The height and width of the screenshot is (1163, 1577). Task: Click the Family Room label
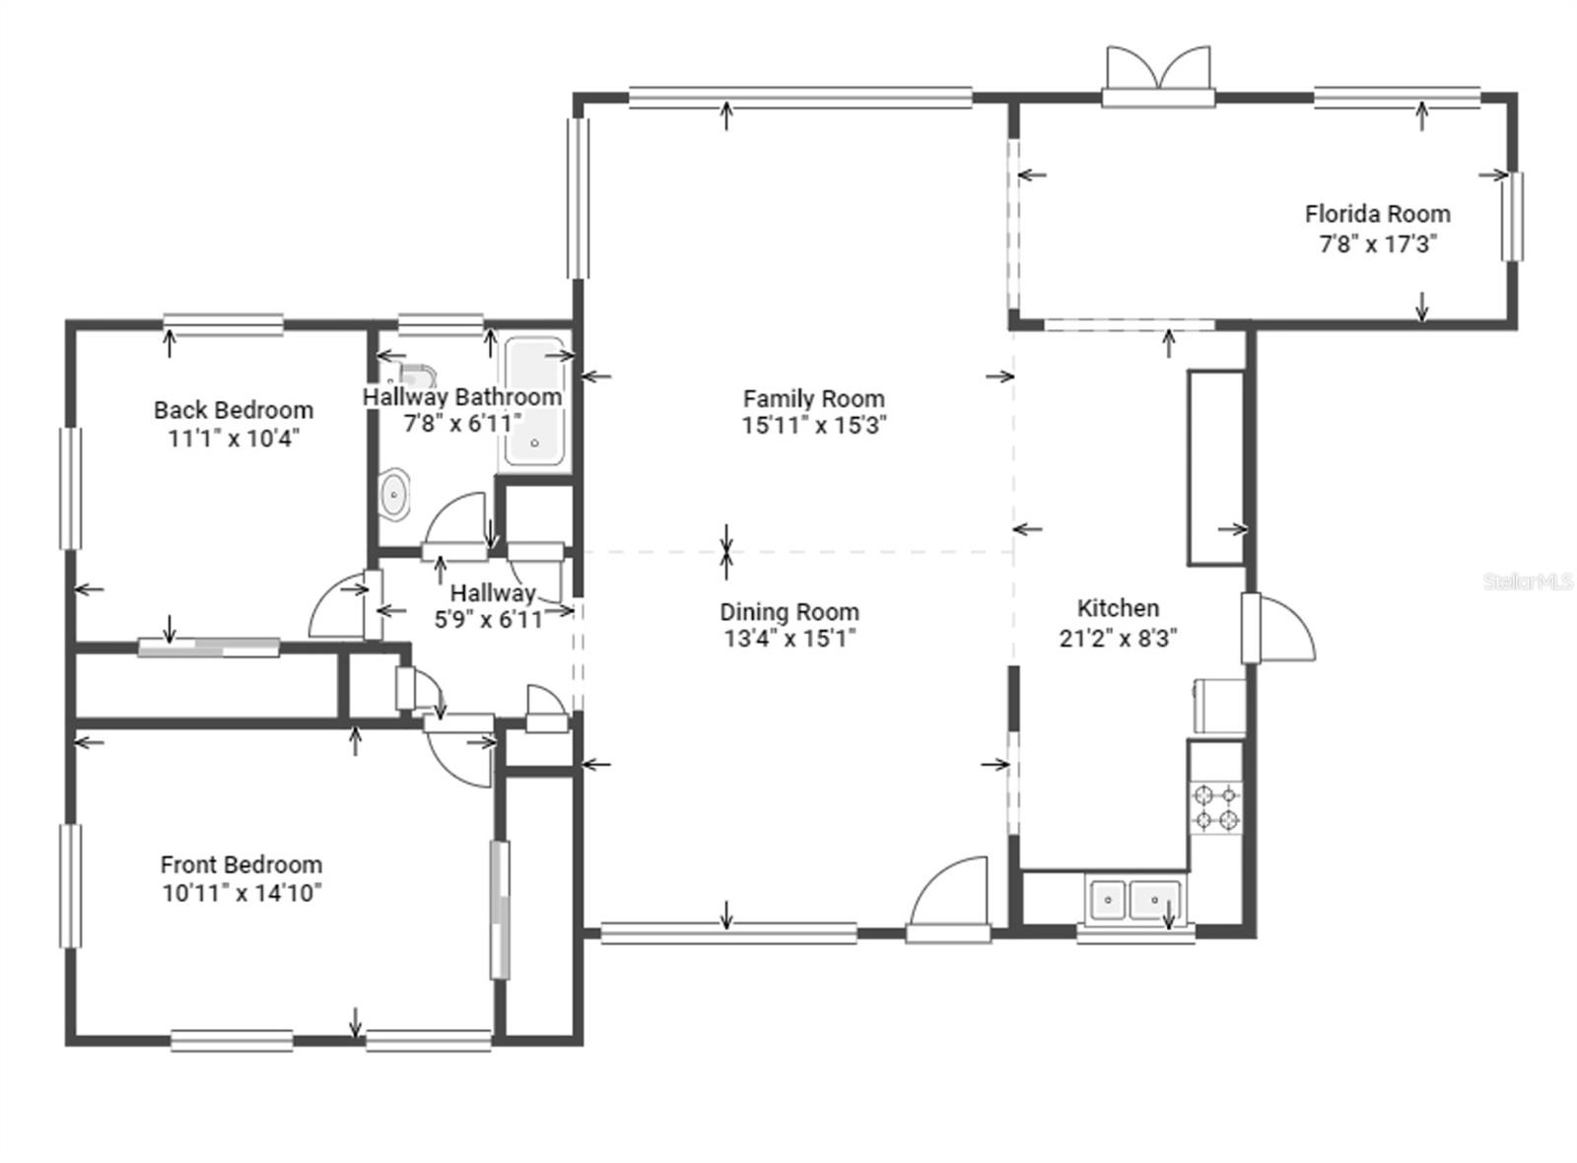[x=814, y=399]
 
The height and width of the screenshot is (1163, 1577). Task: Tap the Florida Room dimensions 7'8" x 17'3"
[x=1378, y=244]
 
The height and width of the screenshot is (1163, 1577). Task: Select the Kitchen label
[x=1118, y=608]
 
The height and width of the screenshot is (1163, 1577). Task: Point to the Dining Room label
[x=789, y=612]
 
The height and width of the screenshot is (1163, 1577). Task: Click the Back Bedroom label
[x=234, y=410]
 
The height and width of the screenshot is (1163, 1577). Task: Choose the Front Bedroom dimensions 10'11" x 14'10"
[x=242, y=893]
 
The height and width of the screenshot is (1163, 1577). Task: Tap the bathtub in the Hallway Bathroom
[x=534, y=402]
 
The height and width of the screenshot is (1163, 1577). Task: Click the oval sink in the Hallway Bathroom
[x=393, y=494]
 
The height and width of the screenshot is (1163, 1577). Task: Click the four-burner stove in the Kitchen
[x=1216, y=808]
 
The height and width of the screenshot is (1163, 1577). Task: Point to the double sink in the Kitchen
[x=1134, y=899]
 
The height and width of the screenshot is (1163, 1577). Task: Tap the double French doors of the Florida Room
[x=1159, y=76]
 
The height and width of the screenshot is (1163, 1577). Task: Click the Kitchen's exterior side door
[x=1277, y=629]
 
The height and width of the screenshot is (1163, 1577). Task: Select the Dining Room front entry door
[x=949, y=899]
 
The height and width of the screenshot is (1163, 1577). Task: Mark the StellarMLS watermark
[x=1528, y=581]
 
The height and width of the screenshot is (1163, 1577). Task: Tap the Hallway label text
[x=493, y=592]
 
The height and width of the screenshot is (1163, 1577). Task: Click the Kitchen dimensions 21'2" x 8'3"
[x=1118, y=638]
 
